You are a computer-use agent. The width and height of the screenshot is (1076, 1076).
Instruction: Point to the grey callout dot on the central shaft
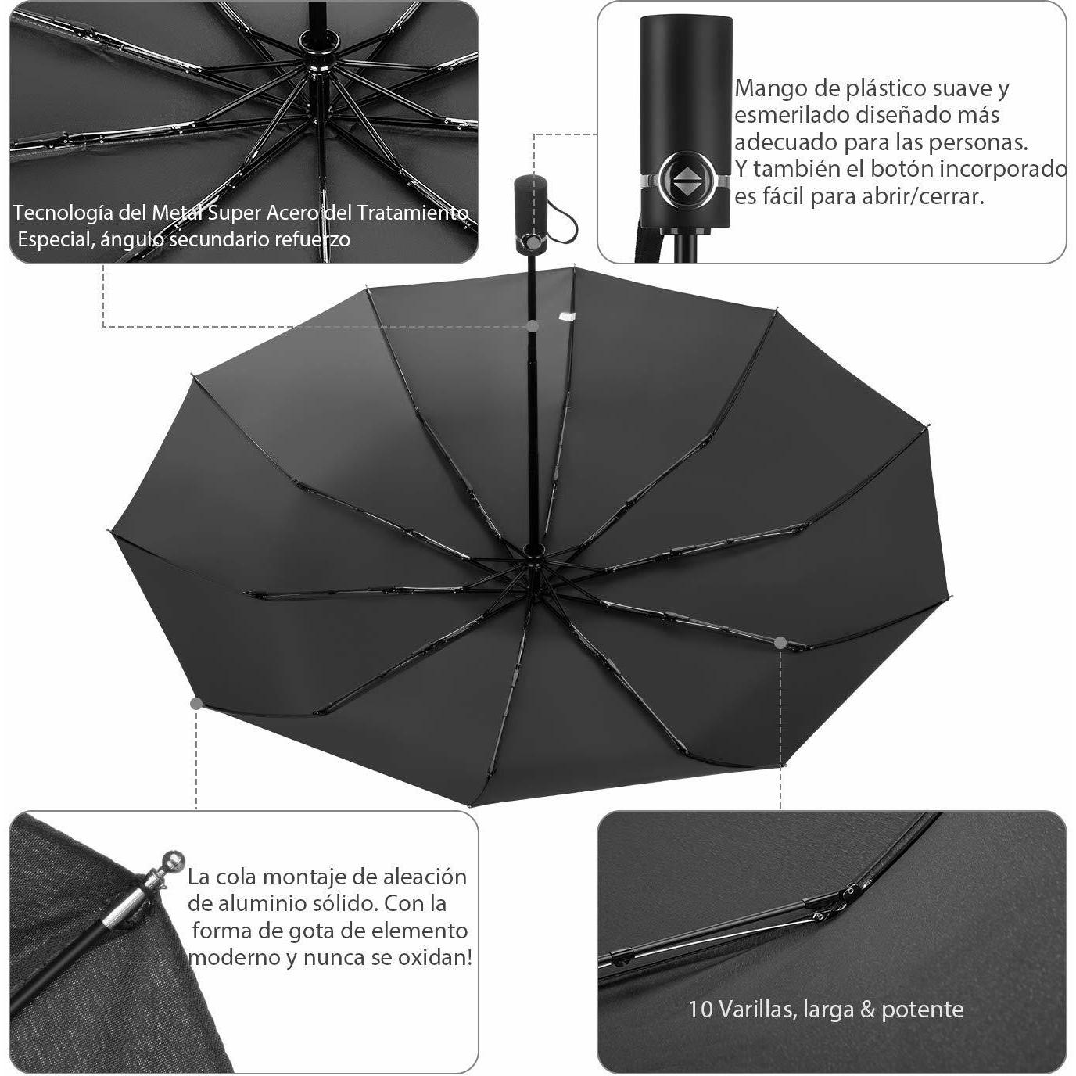(533, 325)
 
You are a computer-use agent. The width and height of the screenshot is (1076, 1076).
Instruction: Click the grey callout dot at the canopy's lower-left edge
(196, 704)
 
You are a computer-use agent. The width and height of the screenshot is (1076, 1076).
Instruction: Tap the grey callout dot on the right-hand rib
(780, 643)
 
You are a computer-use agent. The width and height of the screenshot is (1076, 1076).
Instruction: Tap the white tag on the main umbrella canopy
(567, 316)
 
